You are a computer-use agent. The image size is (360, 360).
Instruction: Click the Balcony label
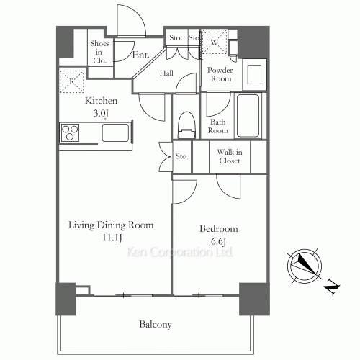click(x=156, y=325)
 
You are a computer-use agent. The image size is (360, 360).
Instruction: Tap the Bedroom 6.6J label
click(x=219, y=235)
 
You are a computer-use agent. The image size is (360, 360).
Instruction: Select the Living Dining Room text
click(x=111, y=225)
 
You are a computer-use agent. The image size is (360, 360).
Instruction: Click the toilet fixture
click(x=186, y=125)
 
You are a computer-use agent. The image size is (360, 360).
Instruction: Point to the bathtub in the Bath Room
click(x=248, y=115)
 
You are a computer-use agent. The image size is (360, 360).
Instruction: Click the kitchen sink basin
click(x=115, y=132)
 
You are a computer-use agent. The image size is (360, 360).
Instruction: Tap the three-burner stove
click(x=70, y=132)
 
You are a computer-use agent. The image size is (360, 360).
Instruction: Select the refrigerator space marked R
click(x=72, y=81)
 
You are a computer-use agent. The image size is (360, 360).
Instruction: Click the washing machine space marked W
click(x=214, y=42)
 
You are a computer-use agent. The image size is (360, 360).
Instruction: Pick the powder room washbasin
click(x=254, y=75)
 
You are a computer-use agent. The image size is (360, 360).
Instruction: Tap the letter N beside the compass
click(x=331, y=287)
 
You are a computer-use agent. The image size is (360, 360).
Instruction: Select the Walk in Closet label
click(x=230, y=156)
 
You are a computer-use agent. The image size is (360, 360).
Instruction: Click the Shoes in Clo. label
click(x=99, y=52)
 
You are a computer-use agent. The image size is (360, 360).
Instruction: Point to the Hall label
click(x=166, y=73)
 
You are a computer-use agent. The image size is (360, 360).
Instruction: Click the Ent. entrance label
click(x=141, y=55)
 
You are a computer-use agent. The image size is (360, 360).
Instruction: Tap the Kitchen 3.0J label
click(x=101, y=107)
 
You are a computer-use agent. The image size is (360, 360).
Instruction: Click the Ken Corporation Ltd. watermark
click(x=179, y=252)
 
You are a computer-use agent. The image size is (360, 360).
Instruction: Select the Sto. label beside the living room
click(x=181, y=156)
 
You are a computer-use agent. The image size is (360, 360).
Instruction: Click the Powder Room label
click(x=220, y=74)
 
